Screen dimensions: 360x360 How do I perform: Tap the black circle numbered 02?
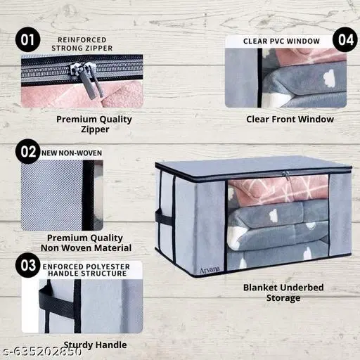[x=29, y=151]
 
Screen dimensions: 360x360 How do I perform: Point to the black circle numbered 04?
[x=345, y=39]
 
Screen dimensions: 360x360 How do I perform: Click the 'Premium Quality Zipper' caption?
[x=94, y=124]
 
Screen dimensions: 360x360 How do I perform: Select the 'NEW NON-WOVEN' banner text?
[x=72, y=152]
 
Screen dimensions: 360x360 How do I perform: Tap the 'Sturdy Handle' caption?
[x=95, y=345]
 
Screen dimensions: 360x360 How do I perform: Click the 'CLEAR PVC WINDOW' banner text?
[x=281, y=41]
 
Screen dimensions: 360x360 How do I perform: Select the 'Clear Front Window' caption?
[x=290, y=119]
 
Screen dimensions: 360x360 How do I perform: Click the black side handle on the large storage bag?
[x=165, y=219]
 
